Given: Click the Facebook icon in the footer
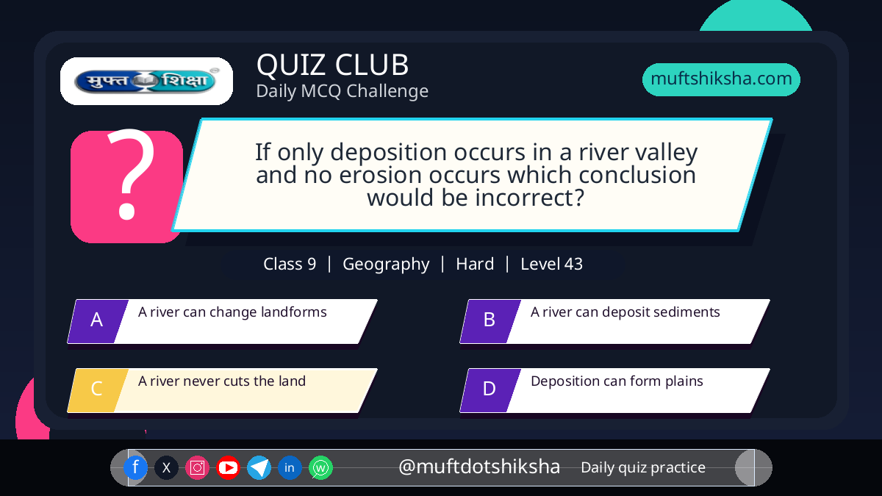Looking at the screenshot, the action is pos(135,467).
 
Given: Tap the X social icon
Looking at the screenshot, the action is pos(166,467).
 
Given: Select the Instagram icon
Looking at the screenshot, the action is pos(197,467).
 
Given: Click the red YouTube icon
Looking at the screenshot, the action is pos(228,467).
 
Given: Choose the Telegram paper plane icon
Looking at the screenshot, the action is pos(259,467).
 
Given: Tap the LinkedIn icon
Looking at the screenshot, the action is pos(290,467).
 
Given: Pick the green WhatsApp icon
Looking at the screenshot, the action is pos(320,467).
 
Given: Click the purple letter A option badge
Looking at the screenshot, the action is pos(98,321).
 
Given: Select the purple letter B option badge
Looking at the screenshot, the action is pos(490,321).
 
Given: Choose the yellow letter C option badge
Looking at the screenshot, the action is pos(98,390).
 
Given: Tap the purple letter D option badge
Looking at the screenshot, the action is pos(490,390).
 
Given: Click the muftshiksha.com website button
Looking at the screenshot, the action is pos(721,79).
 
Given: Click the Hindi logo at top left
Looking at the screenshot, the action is pos(146,81).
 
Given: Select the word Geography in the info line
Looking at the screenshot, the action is pos(386,265).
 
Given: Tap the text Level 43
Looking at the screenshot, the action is pos(552,264).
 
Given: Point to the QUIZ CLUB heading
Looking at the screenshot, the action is pos(333,65).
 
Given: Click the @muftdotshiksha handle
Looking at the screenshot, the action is pos(479,467).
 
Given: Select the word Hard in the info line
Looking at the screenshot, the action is pos(475,264).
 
